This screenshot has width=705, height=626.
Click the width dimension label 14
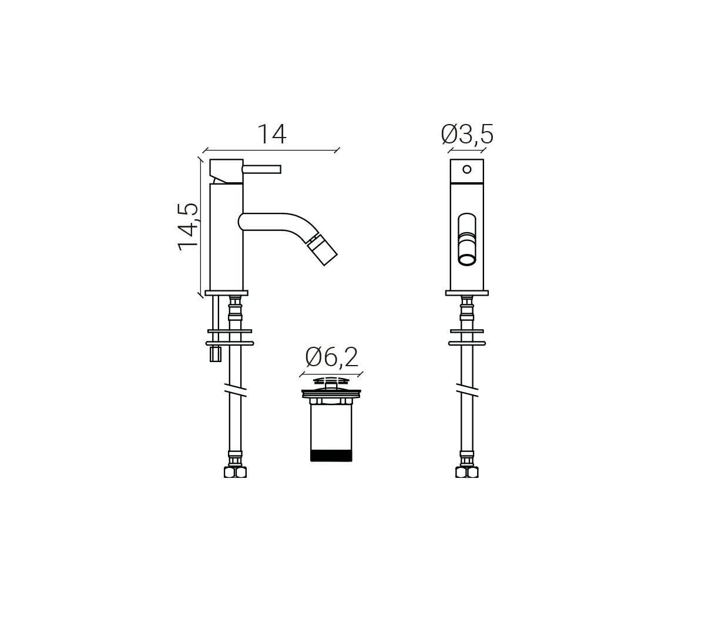[x=272, y=134]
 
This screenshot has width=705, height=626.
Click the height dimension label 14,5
[x=188, y=227]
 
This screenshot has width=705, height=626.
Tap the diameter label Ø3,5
[x=467, y=134]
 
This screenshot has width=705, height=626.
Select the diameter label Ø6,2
[x=331, y=357]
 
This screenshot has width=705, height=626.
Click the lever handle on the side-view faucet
[x=261, y=169]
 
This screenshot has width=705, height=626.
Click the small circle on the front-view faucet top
[x=467, y=169]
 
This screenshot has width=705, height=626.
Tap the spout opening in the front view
[x=467, y=260]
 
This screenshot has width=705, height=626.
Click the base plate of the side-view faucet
[x=227, y=293]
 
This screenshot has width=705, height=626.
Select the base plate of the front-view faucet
[x=467, y=293]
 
